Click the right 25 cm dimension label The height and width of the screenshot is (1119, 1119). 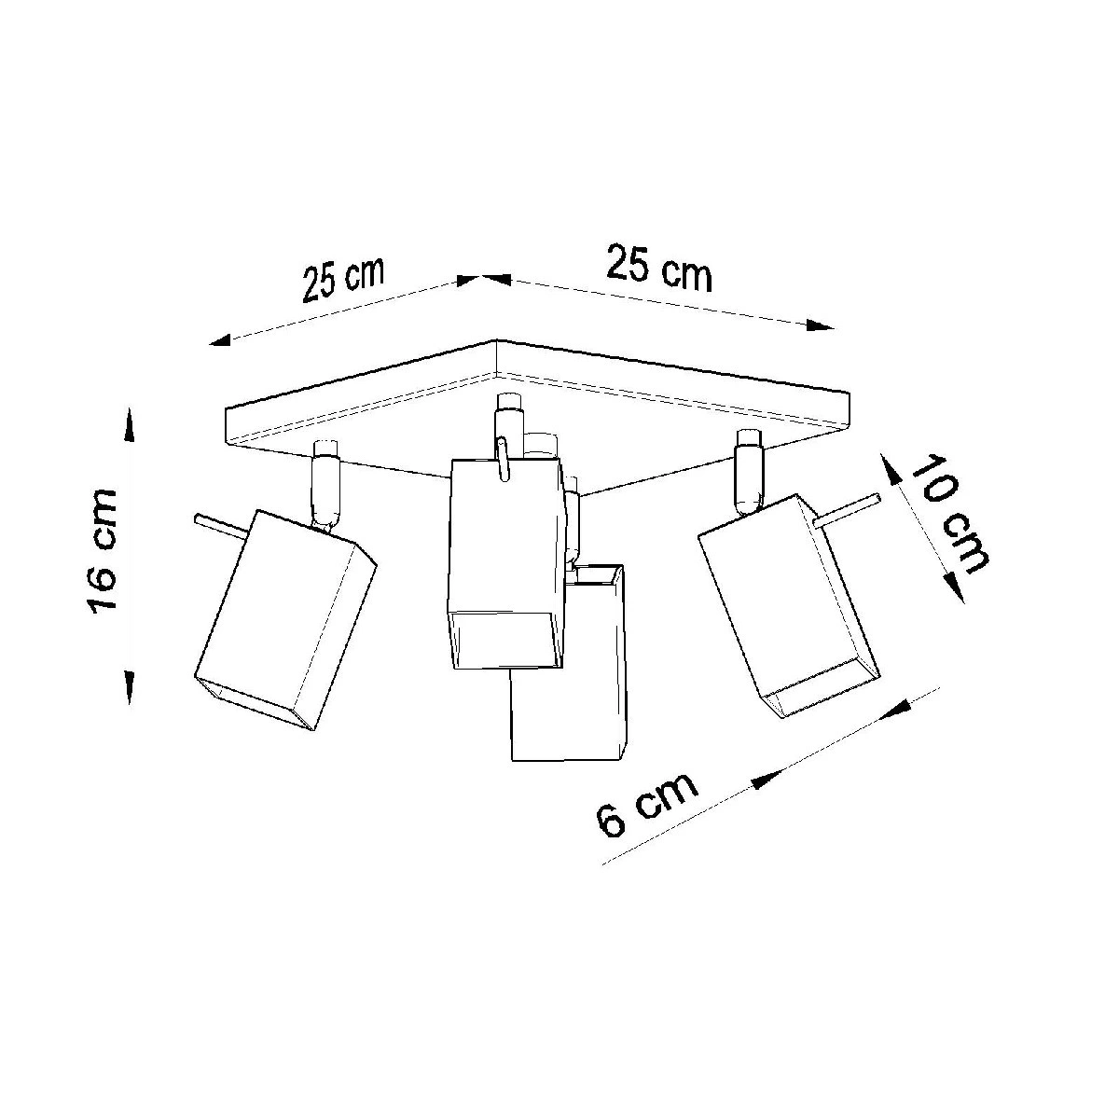(659, 268)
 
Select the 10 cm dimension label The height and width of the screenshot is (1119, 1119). (948, 515)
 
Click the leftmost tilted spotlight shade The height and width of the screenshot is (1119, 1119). (284, 619)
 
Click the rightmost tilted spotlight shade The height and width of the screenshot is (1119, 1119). (789, 606)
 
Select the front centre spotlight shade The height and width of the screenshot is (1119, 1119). (506, 564)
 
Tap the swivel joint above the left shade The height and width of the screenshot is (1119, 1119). (325, 486)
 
